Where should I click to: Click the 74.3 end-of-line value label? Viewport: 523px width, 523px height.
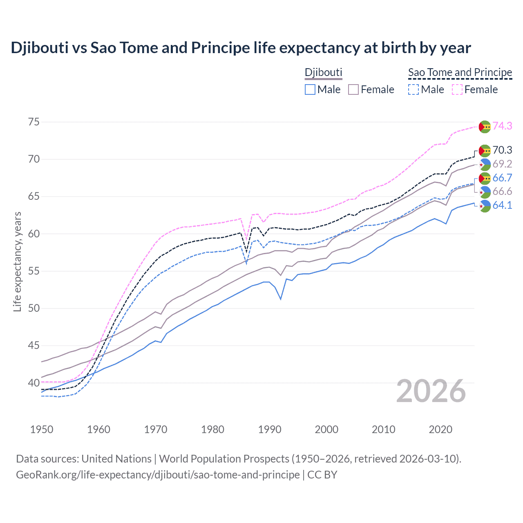click(502, 126)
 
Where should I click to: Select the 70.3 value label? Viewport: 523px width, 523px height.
click(502, 150)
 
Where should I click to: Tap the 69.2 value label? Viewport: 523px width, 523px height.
click(502, 164)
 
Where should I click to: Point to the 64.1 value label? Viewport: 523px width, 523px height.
click(502, 205)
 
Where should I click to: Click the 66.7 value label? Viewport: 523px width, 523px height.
click(502, 178)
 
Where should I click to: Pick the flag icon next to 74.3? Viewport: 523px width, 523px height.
click(485, 127)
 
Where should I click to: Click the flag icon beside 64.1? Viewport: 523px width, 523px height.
click(485, 206)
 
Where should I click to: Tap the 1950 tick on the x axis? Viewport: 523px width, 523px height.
click(42, 429)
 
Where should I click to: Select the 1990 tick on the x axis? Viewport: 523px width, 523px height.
click(270, 429)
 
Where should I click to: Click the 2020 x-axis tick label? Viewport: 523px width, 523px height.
click(440, 429)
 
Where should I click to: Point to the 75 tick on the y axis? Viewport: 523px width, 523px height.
click(34, 122)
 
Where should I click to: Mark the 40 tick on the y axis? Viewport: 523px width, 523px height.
click(34, 383)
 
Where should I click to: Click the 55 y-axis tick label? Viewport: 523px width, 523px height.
click(34, 271)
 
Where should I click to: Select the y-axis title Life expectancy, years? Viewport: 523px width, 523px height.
click(17, 261)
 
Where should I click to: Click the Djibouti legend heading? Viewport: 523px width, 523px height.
click(323, 72)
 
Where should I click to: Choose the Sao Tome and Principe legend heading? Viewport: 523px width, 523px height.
click(460, 72)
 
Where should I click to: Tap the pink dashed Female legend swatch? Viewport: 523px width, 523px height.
click(457, 89)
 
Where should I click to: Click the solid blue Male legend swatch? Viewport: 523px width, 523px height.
click(310, 89)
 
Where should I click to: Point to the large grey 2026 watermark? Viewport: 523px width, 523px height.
click(431, 391)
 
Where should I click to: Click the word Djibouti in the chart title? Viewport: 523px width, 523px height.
click(40, 48)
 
